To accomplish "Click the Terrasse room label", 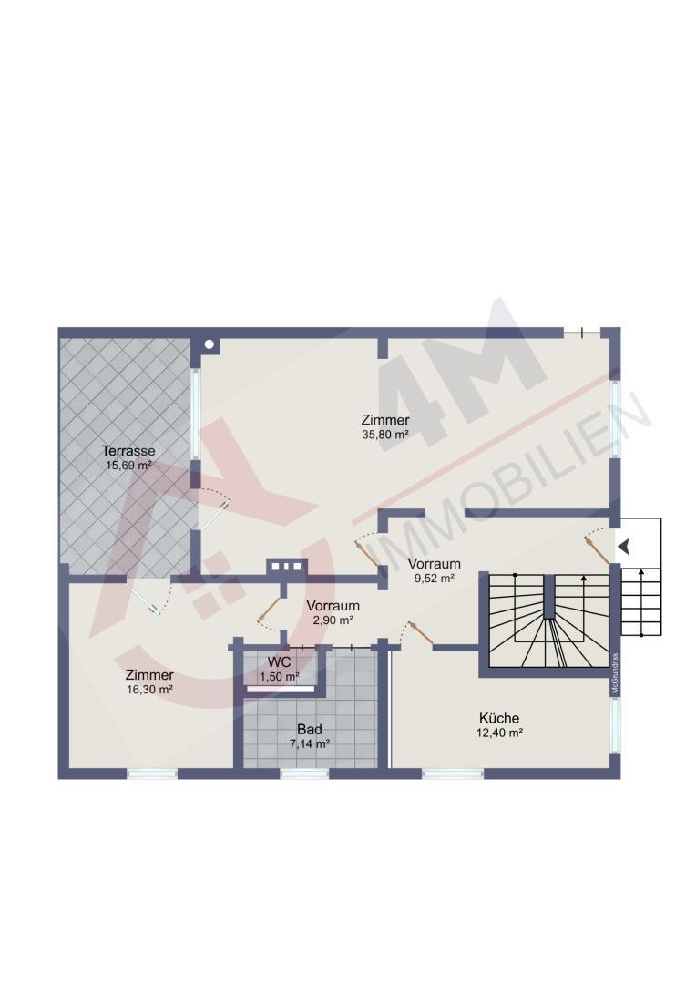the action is coord(128,451).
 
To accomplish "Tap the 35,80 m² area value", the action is coord(385,435).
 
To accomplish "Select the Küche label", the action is coord(499,718).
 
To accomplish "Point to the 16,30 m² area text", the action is coord(149,689).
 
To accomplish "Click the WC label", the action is coord(279,662).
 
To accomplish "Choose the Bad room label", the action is coord(310,729).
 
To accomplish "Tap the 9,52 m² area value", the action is coord(434,579).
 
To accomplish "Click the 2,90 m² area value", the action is coord(333,620).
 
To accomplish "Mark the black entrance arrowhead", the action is coord(623,547).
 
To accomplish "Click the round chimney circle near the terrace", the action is coord(210,343).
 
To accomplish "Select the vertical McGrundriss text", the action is coord(615,673).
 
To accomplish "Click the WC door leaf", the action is coord(268,610).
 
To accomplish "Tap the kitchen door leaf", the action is coord(420,632).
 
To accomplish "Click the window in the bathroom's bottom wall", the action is coord(304,774).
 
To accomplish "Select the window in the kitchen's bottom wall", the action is coord(453,774).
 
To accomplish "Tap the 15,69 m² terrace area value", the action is coord(128,466).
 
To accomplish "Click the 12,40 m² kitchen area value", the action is coord(499,733).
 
